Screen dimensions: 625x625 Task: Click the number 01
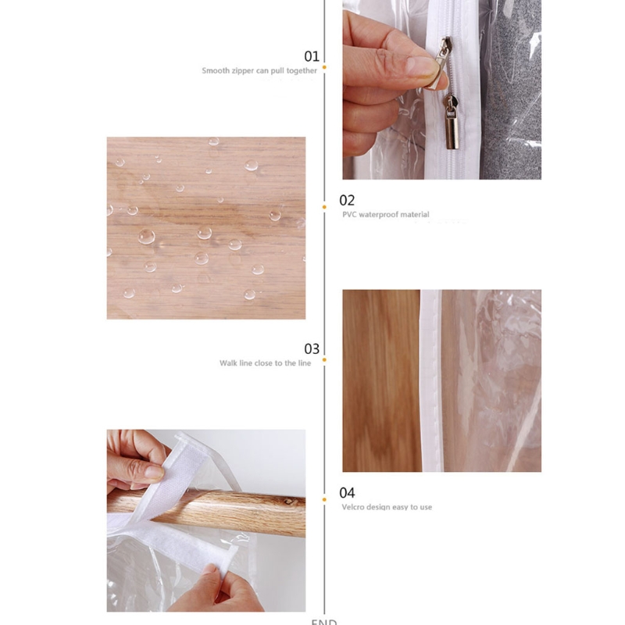coord(312,55)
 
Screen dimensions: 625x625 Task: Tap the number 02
coord(347,200)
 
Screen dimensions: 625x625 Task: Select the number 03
coord(312,348)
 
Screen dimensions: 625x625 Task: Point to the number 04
coord(347,493)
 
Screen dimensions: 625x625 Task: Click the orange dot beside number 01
coord(324,67)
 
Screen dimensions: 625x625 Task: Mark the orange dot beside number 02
coord(324,207)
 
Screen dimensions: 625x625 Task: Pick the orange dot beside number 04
coord(324,498)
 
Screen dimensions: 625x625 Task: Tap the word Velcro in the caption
coord(353,507)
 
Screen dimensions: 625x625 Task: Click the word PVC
coord(349,215)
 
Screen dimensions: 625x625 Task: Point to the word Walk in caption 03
coord(227,363)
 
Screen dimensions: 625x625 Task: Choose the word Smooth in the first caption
coord(216,70)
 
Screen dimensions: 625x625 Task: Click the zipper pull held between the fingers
coord(443,55)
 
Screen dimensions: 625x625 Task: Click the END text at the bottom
coord(323,622)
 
